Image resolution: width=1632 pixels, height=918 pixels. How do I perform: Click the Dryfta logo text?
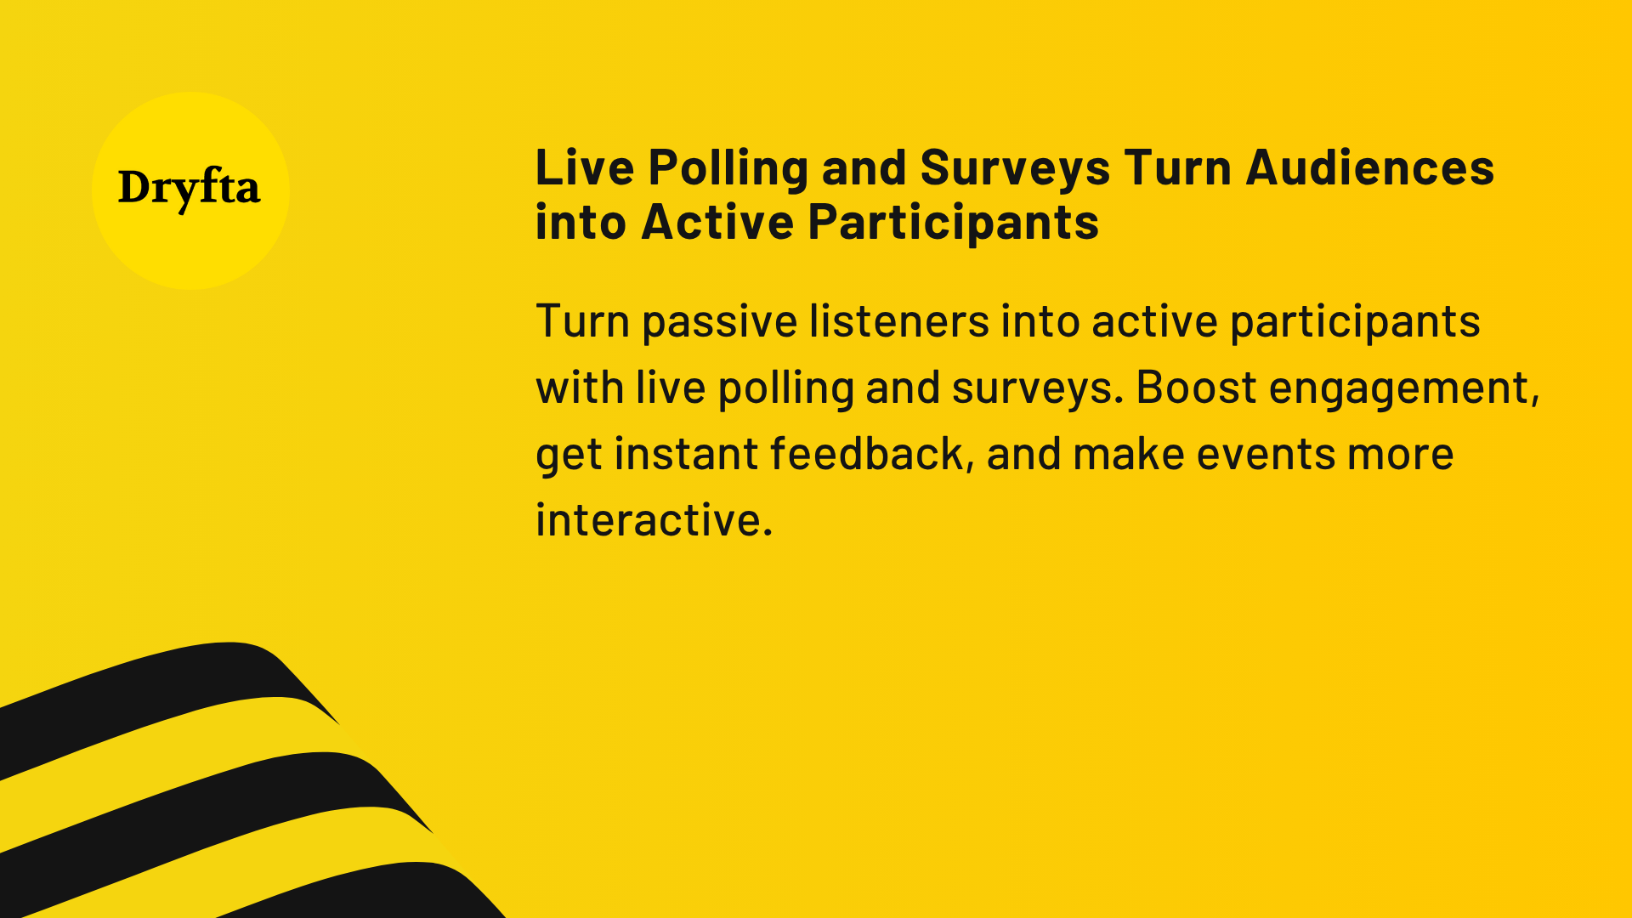coord(189,188)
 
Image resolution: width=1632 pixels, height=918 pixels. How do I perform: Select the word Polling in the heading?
coord(728,167)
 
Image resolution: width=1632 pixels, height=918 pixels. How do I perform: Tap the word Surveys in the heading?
coord(1014,167)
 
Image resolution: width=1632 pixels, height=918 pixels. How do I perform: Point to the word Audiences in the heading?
coord(1369,167)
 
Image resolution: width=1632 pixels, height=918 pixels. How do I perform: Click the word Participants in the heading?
coord(953,222)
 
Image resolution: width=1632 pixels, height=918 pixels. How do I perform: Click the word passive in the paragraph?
coord(719,322)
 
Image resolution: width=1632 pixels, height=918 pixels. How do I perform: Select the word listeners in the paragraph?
coord(898,320)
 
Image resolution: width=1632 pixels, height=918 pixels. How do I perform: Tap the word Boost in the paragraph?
coord(1196,388)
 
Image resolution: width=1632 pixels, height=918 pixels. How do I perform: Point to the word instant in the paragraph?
coord(685,453)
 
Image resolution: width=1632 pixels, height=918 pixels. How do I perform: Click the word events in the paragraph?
coord(1266,453)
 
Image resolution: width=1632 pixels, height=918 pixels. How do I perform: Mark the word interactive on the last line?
coord(653,519)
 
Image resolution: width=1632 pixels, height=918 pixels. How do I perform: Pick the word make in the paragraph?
coord(1128,453)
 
